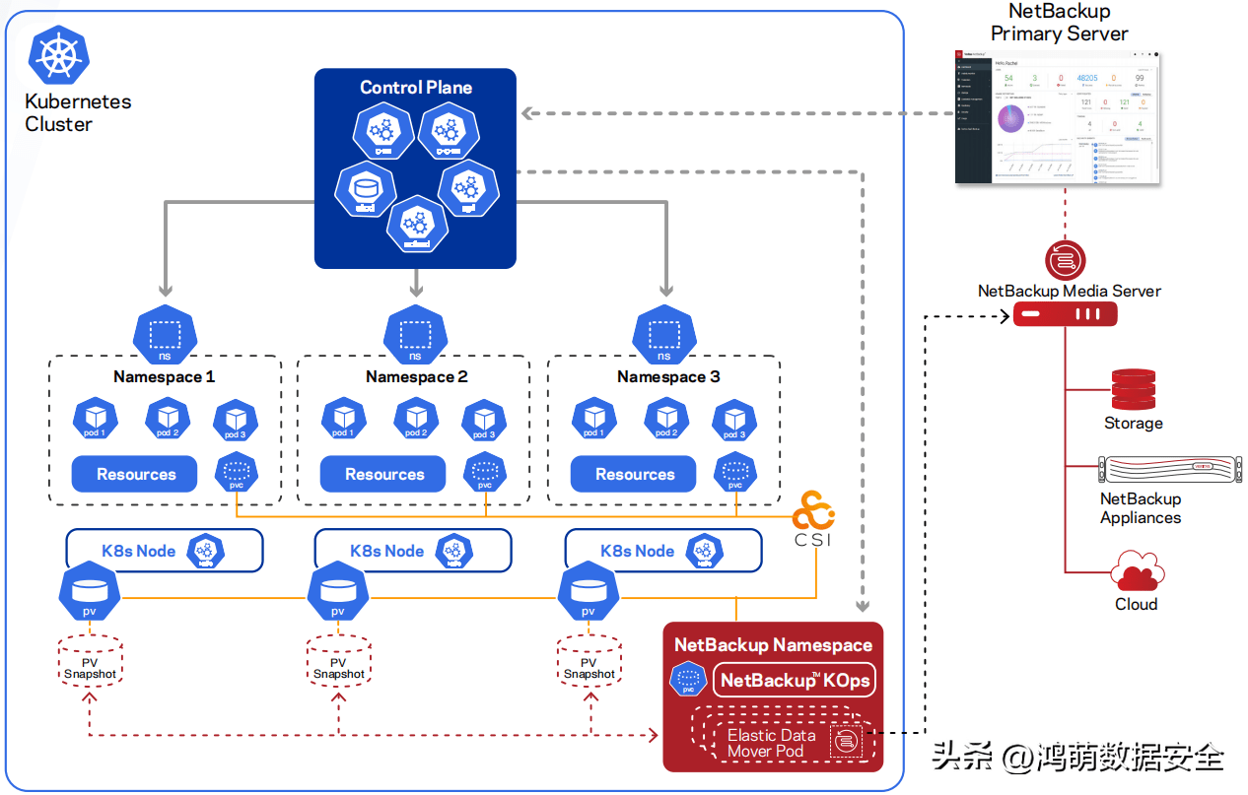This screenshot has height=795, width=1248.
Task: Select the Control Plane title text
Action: pyautogui.click(x=415, y=88)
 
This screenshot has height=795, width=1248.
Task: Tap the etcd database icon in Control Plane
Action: pyautogui.click(x=366, y=190)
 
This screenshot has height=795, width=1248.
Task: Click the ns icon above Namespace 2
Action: pyautogui.click(x=415, y=333)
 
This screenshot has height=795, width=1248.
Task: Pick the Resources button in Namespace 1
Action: pyautogui.click(x=136, y=474)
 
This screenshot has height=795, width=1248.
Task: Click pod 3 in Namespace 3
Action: pyautogui.click(x=734, y=419)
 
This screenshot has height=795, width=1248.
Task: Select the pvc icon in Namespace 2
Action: pyautogui.click(x=485, y=471)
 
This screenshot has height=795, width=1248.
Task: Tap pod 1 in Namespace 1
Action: pyautogui.click(x=95, y=419)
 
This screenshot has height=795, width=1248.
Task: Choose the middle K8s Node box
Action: pyautogui.click(x=413, y=551)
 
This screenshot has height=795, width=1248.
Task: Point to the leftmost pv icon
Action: pyautogui.click(x=90, y=595)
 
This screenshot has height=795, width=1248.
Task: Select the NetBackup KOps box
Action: pyautogui.click(x=795, y=680)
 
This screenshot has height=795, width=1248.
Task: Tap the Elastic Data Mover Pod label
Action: pyautogui.click(x=771, y=743)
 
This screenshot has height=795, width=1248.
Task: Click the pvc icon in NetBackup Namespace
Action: pyautogui.click(x=688, y=680)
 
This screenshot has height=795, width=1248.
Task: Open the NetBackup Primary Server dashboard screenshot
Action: pyautogui.click(x=1058, y=116)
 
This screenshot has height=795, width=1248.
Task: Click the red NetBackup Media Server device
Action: pyautogui.click(x=1065, y=314)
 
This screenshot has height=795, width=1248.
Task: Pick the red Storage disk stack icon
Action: pyautogui.click(x=1133, y=390)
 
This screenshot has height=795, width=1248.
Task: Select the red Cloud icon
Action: pyautogui.click(x=1137, y=571)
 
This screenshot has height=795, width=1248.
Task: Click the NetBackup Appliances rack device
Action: pyautogui.click(x=1140, y=470)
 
